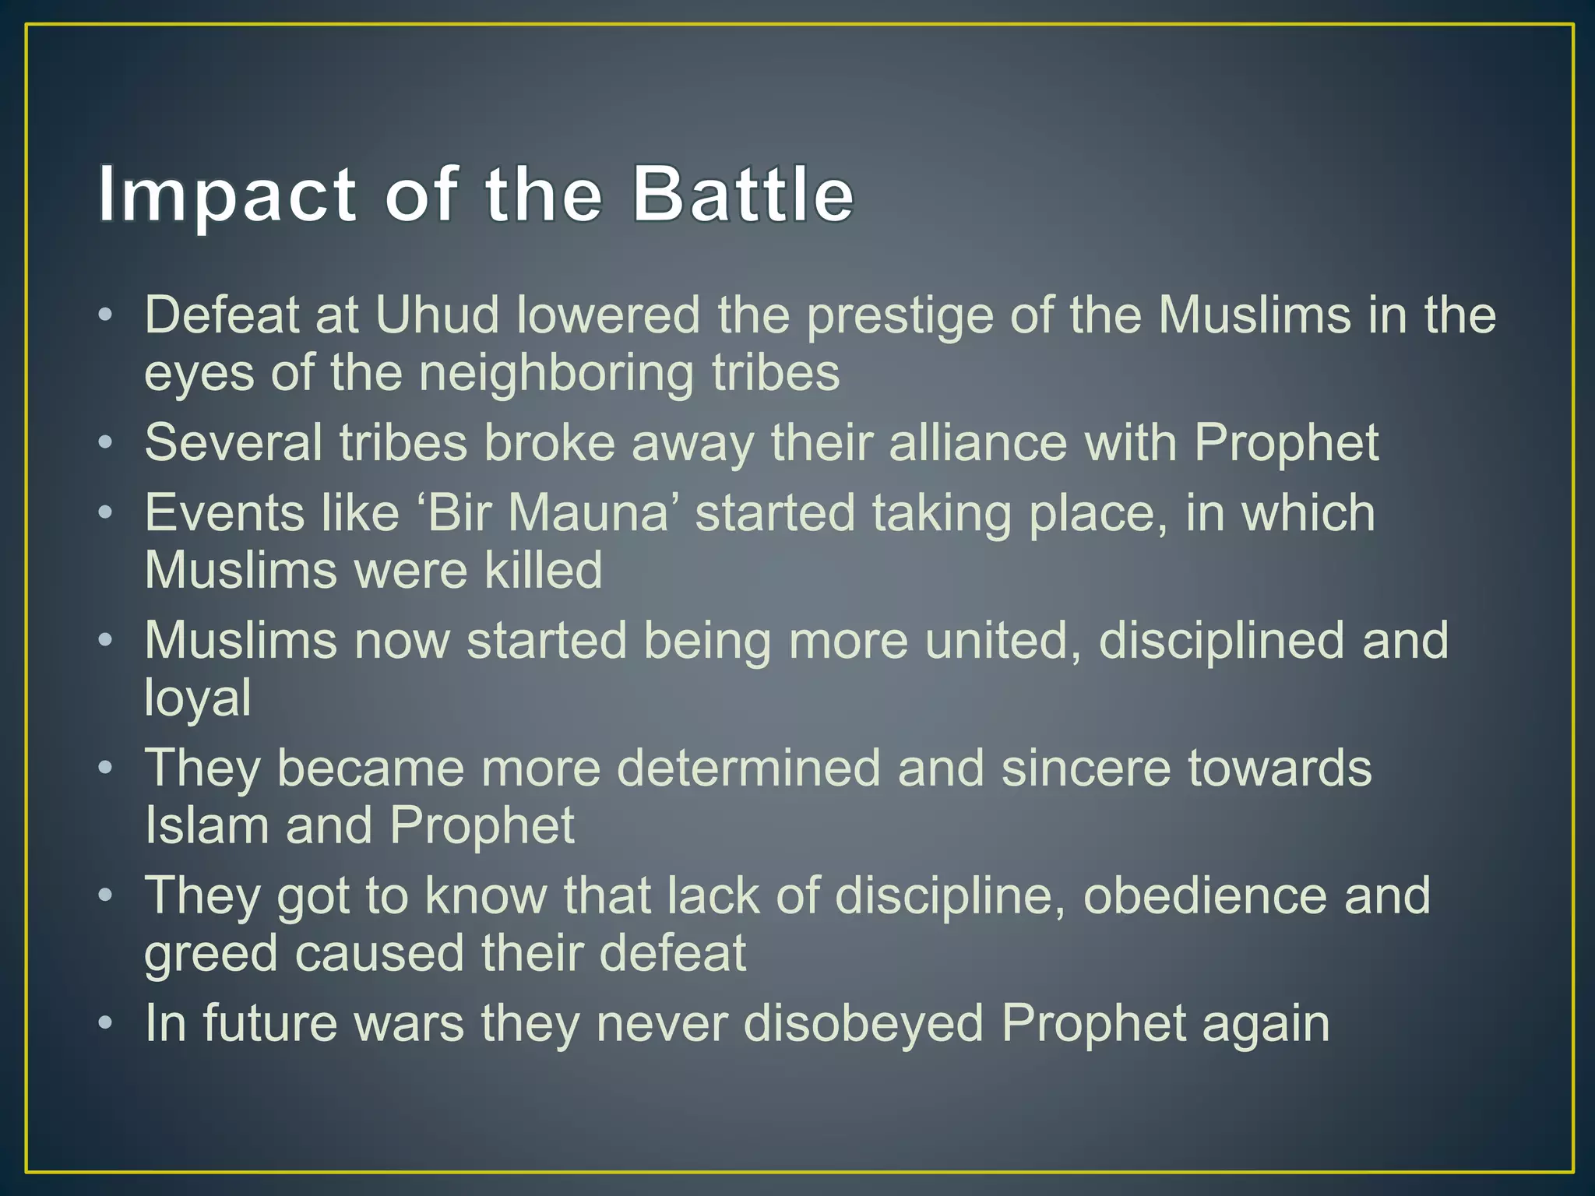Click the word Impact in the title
click(227, 195)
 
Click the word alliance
click(977, 443)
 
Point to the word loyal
click(198, 698)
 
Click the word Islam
click(206, 825)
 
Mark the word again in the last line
click(1266, 1025)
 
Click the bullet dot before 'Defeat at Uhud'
click(107, 315)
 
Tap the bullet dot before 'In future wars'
click(107, 1023)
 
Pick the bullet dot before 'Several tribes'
click(107, 443)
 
